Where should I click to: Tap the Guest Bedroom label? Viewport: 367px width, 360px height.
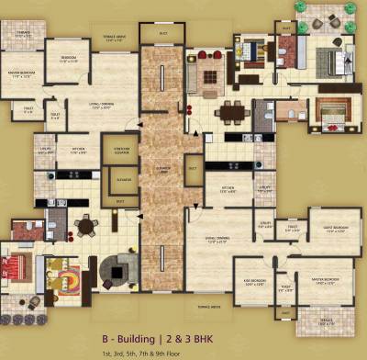click(x=323, y=228)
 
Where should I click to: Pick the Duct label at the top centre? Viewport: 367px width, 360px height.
click(x=163, y=33)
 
